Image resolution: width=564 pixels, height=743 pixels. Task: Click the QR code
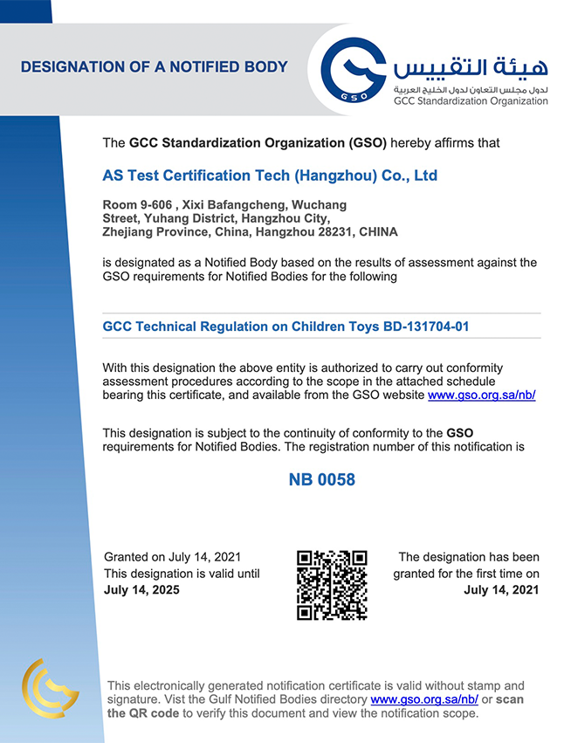[x=332, y=584]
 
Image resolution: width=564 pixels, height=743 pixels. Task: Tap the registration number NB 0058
[x=322, y=480]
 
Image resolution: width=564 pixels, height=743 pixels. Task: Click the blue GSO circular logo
[x=354, y=69]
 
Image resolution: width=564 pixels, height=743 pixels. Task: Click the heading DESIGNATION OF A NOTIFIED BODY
[x=154, y=66]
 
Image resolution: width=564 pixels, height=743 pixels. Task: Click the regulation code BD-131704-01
[x=427, y=327]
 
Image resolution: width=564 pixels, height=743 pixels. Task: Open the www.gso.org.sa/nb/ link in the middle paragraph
[x=481, y=396]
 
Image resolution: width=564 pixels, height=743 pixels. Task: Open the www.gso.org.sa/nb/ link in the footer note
[x=424, y=699]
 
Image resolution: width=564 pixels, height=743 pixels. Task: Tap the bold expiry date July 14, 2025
[x=141, y=590]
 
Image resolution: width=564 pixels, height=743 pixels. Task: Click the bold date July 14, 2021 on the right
[x=501, y=590]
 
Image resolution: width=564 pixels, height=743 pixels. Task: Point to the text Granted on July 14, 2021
[x=172, y=557]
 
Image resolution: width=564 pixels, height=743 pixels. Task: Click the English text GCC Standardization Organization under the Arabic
[x=471, y=101]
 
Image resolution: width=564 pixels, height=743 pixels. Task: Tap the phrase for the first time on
[x=481, y=574]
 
